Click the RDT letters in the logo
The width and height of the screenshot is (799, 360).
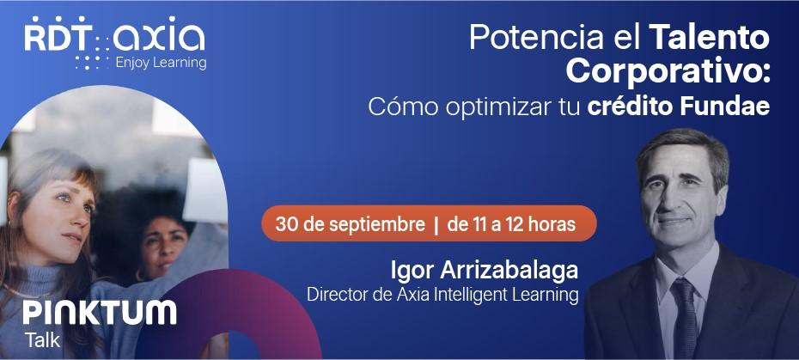[x=56, y=37]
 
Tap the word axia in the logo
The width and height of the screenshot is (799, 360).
[x=161, y=37]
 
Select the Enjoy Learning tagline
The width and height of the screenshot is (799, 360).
[x=161, y=63]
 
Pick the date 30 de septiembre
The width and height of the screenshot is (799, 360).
[x=350, y=224]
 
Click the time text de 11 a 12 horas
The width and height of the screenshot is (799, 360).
[x=510, y=224]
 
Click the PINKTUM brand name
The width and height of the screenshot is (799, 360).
[x=99, y=313]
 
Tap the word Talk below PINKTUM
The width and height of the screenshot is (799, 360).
[x=42, y=339]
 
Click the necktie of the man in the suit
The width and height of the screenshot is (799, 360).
[x=685, y=318]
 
